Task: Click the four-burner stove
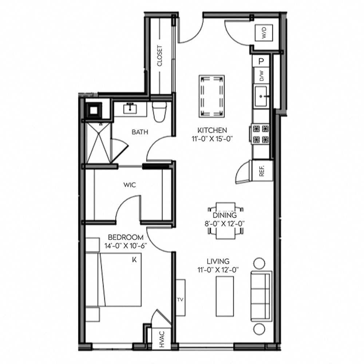[261, 134]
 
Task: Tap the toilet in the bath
[159, 111]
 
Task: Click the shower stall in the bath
[98, 143]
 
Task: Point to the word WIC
[130, 185]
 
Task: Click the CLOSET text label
[159, 56]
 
